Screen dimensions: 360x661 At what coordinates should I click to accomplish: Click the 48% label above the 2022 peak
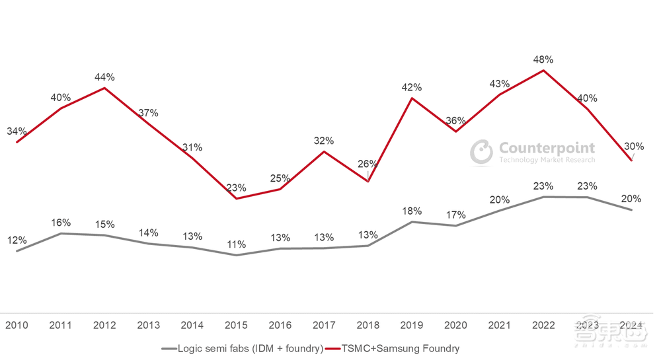(x=543, y=59)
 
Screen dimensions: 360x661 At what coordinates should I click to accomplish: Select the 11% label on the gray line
(x=236, y=245)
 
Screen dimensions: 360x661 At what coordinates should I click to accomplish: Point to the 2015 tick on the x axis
(x=236, y=325)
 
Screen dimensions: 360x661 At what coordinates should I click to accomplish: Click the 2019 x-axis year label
(x=412, y=325)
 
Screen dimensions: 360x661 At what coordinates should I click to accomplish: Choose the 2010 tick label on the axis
(x=17, y=325)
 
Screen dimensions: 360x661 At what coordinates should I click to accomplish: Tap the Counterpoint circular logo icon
(x=481, y=152)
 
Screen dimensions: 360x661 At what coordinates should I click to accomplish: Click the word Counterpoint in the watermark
(x=547, y=148)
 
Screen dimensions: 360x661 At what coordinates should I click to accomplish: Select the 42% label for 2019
(x=412, y=87)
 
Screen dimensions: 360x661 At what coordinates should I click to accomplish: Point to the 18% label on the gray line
(x=412, y=211)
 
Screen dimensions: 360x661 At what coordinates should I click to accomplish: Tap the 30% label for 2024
(x=633, y=147)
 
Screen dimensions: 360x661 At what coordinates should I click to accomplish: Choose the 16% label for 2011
(x=61, y=223)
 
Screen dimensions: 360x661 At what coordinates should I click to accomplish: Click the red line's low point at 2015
(x=236, y=198)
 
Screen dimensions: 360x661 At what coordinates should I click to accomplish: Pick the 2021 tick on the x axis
(x=500, y=325)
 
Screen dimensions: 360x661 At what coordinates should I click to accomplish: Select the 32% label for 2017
(x=324, y=141)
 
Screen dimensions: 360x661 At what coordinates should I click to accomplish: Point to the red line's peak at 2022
(x=543, y=71)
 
